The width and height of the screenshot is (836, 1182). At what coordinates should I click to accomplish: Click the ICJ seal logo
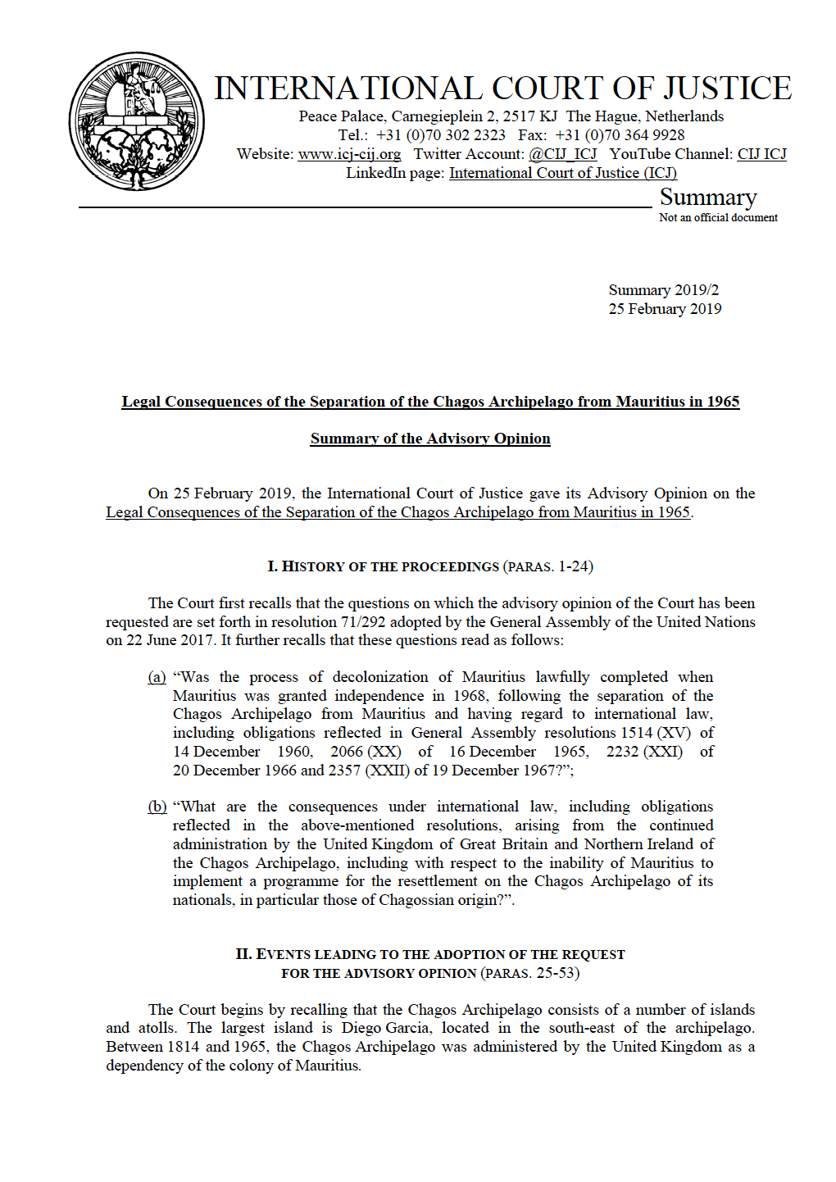pos(137,122)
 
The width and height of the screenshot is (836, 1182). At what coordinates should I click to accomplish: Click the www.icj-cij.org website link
pos(349,154)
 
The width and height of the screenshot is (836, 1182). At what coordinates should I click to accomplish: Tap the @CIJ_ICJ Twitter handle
pos(562,154)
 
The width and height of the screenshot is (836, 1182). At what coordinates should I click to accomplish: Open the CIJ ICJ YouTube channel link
pos(761,154)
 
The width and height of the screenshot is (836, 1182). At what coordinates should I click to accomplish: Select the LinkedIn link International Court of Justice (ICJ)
pos(562,173)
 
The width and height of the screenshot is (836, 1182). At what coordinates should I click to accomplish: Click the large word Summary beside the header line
pos(708,198)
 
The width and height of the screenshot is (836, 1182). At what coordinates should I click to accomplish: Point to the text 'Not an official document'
pos(718,218)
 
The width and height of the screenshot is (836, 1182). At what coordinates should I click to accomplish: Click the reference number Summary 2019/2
pos(663,290)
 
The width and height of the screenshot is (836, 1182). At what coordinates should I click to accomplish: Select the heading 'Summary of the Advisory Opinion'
pos(430,439)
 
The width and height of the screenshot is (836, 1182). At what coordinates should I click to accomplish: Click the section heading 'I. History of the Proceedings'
pos(383,566)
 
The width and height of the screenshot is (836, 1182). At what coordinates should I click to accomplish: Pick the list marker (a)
pos(157,677)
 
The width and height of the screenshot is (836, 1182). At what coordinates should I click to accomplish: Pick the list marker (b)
pos(157,807)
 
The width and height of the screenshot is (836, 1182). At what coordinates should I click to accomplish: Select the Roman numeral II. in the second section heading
pos(243,954)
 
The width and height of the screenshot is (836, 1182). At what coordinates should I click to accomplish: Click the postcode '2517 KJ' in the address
pos(529,116)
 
